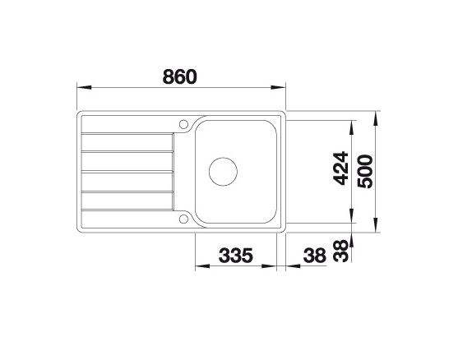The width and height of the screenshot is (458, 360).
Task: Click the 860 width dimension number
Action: [x=180, y=76]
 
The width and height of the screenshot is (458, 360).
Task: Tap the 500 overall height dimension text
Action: [x=364, y=171]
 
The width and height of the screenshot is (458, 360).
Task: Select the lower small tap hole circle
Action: [x=183, y=218]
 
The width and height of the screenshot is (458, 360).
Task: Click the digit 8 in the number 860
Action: [x=168, y=76]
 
